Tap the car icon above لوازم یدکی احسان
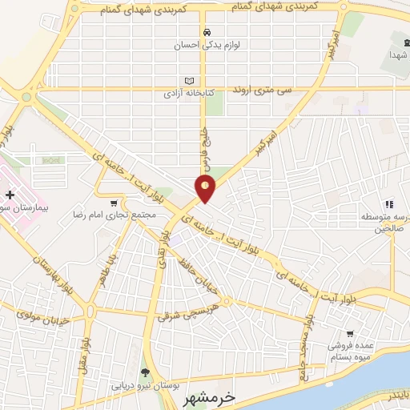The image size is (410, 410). point(207,33)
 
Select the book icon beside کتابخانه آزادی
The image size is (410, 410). point(189,81)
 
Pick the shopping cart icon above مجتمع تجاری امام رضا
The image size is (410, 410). point(116,203)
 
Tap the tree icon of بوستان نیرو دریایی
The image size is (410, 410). point(144,372)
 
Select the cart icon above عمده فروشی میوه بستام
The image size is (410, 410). point(349,333)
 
